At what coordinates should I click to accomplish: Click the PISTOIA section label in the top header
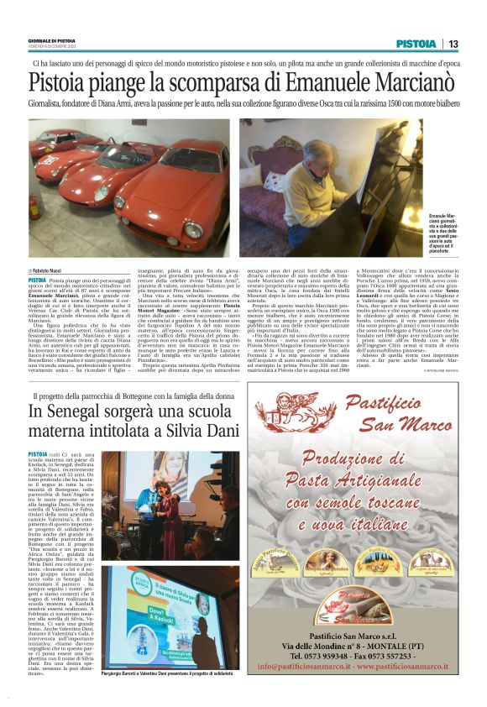click(416, 44)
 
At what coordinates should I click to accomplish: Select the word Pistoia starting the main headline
click(58, 83)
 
